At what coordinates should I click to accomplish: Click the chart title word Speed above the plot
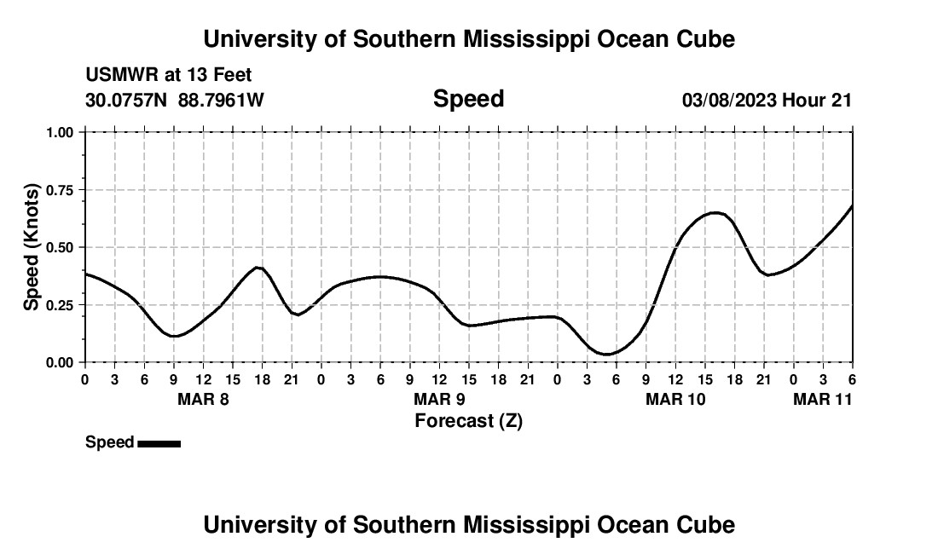tap(468, 99)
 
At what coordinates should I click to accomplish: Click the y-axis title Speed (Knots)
tap(32, 246)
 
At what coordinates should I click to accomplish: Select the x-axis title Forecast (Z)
tap(468, 420)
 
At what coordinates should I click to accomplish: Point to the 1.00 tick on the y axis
tap(60, 132)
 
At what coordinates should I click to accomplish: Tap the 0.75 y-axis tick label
tap(60, 190)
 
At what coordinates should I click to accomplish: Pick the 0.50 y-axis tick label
tap(60, 247)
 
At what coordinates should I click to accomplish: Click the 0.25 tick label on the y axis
tap(60, 305)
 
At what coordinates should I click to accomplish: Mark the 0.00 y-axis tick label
tap(60, 362)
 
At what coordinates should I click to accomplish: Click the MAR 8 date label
tap(203, 399)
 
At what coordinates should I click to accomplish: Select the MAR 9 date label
tap(439, 399)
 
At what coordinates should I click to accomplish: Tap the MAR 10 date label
tap(675, 399)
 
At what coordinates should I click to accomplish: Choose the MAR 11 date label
tap(822, 399)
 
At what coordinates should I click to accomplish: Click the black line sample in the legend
tap(159, 443)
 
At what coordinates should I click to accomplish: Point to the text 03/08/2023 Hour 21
tap(767, 100)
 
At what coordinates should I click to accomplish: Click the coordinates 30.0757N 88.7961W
tap(175, 100)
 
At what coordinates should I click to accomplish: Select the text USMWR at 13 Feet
tap(169, 75)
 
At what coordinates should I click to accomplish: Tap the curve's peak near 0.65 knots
tap(715, 212)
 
